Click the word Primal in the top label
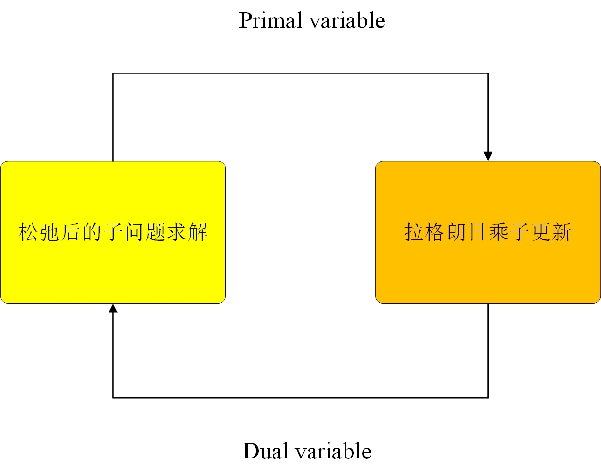coord(271,21)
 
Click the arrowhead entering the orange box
coord(488,156)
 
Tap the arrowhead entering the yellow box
coord(113,309)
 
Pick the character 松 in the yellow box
coord(29,232)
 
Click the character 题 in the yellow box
coord(155,232)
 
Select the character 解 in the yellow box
coord(198,232)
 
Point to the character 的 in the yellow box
coord(92,232)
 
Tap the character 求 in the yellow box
coord(177,232)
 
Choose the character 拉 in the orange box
coord(414,232)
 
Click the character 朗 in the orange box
coord(456,232)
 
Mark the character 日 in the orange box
coord(477,232)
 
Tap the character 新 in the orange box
coord(562,232)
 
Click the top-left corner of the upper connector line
coord(113,73)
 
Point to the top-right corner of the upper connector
coord(488,73)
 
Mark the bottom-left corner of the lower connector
coord(113,398)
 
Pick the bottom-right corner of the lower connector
coord(488,398)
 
